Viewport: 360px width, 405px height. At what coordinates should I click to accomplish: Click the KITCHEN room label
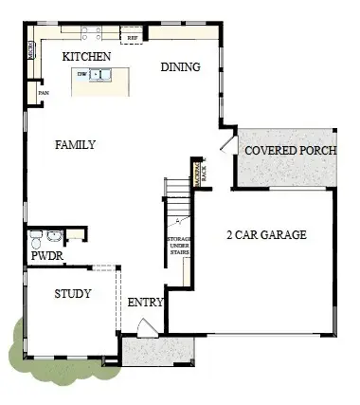click(87, 58)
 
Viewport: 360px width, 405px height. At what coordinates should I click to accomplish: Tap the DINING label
click(180, 67)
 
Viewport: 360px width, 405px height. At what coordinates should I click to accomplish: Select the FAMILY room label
click(75, 144)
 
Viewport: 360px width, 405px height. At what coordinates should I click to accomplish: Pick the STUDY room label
click(72, 294)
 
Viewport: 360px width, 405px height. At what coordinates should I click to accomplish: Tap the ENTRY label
click(146, 303)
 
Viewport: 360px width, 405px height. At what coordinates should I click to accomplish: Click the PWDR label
click(46, 256)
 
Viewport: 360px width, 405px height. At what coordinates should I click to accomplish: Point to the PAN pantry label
click(43, 93)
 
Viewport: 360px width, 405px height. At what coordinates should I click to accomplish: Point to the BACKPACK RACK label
click(198, 171)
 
